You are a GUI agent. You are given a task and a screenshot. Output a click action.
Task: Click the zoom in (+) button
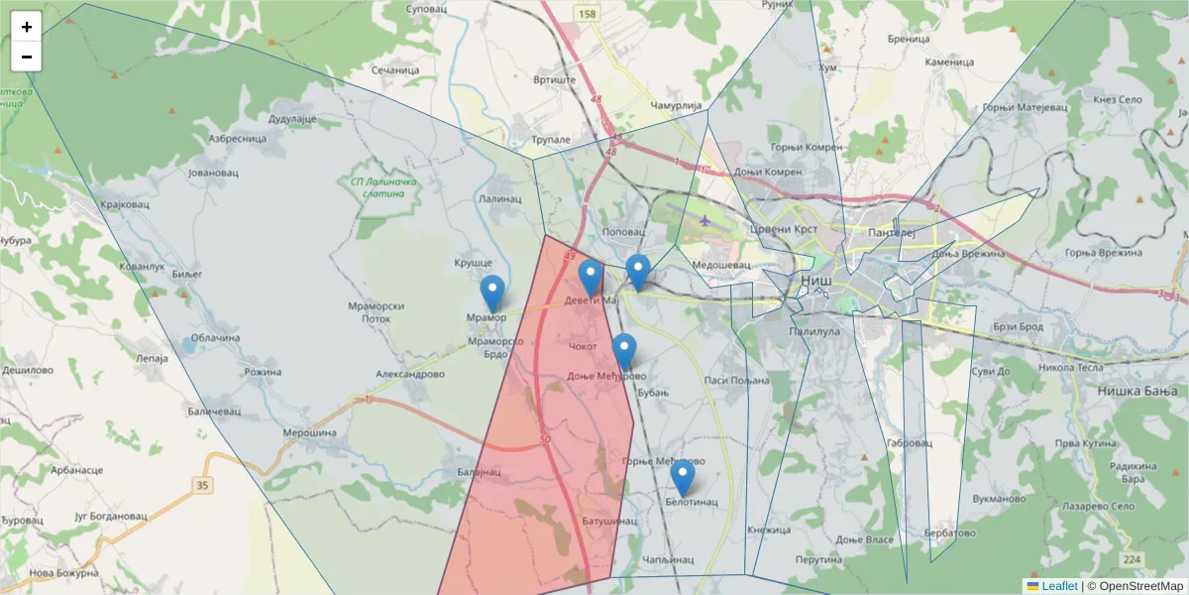(x=27, y=27)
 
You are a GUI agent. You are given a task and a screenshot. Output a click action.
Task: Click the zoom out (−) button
(x=27, y=57)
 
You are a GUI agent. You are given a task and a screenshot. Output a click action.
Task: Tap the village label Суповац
(x=429, y=9)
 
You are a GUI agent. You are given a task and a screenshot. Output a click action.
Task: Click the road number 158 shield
(x=589, y=14)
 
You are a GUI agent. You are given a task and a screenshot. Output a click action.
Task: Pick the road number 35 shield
(x=203, y=485)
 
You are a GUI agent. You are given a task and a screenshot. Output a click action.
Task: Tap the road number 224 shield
(x=1134, y=560)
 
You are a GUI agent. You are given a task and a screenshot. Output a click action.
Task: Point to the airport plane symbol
(x=704, y=220)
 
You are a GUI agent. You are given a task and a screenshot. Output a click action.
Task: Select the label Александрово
(x=410, y=375)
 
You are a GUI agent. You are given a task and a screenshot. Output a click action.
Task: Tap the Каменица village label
(x=949, y=61)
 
